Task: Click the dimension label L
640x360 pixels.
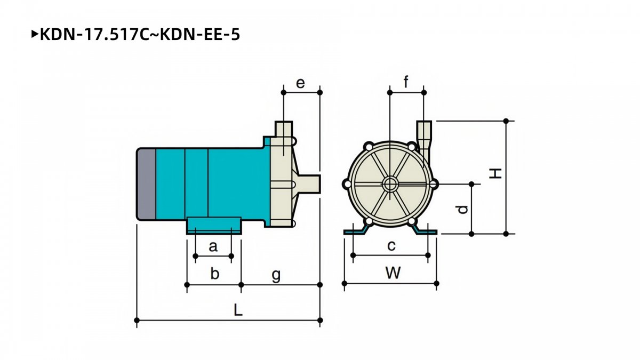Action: pyautogui.click(x=238, y=310)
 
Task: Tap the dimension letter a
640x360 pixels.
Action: pyautogui.click(x=213, y=246)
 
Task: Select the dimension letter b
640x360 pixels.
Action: pyautogui.click(x=214, y=273)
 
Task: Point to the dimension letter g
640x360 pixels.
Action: pyautogui.click(x=276, y=275)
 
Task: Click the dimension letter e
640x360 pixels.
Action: pyautogui.click(x=300, y=83)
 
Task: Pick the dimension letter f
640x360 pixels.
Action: pyautogui.click(x=406, y=82)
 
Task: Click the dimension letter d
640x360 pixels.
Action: pyautogui.click(x=462, y=210)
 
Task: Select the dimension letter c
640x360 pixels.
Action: pyautogui.click(x=391, y=246)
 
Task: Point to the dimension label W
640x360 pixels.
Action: pyautogui.click(x=393, y=273)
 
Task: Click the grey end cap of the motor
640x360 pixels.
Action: pyautogui.click(x=147, y=185)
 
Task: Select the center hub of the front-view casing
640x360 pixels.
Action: pyautogui.click(x=390, y=185)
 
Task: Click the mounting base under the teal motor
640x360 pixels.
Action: pyautogui.click(x=214, y=226)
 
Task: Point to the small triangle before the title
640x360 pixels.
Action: pyautogui.click(x=35, y=35)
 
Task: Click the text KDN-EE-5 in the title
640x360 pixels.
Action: pyautogui.click(x=199, y=35)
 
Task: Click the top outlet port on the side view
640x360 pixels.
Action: pyautogui.click(x=284, y=129)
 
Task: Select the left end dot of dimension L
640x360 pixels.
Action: pyautogui.click(x=137, y=320)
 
